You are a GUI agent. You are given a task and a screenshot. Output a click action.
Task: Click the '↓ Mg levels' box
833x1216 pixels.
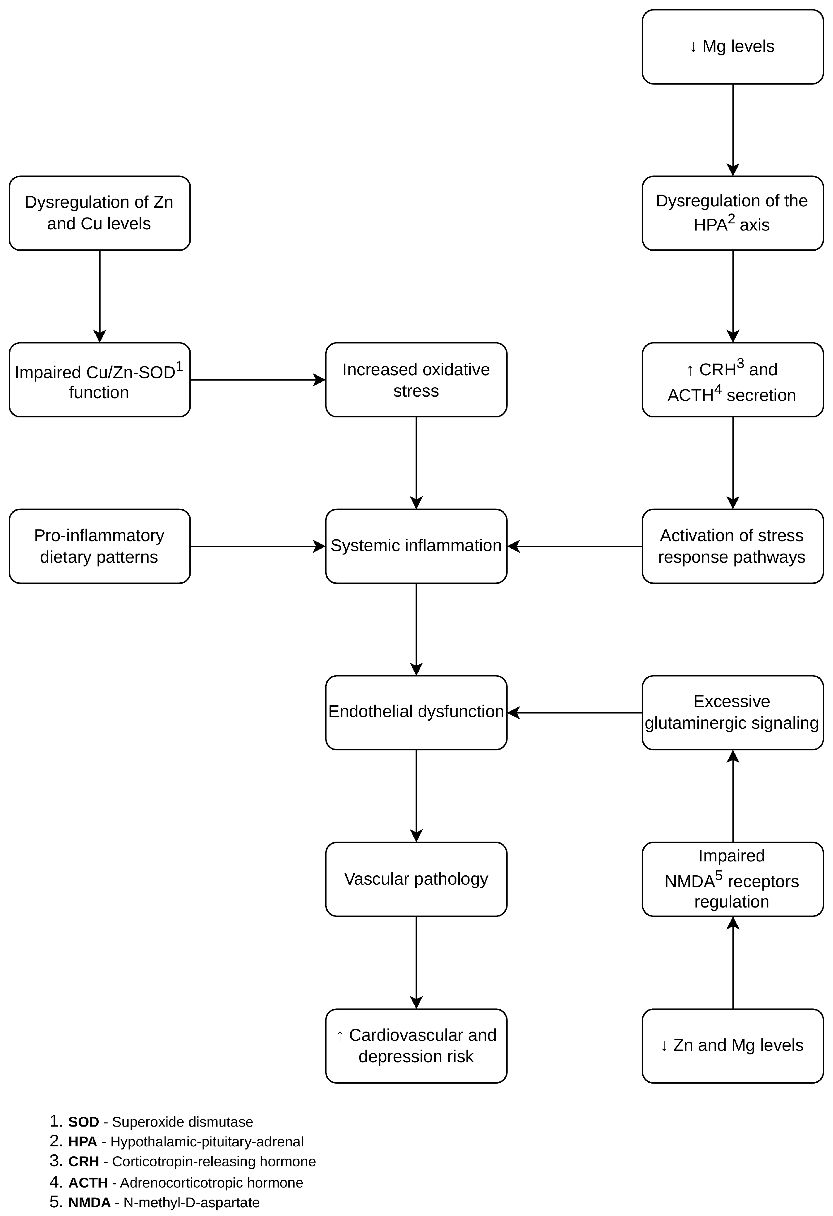[x=732, y=47]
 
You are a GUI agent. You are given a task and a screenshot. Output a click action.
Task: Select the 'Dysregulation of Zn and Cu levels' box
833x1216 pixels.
[x=99, y=213]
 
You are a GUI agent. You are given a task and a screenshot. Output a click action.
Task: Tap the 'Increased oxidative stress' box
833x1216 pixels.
[x=416, y=380]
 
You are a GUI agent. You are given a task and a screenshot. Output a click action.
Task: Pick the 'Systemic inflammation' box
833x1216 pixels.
[x=416, y=546]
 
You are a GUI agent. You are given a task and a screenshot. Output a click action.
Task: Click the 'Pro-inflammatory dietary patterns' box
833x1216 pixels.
[x=99, y=546]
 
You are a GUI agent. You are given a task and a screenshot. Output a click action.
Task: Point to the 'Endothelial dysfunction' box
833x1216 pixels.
[x=416, y=713]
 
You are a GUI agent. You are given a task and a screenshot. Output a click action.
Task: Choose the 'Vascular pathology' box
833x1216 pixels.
[x=416, y=879]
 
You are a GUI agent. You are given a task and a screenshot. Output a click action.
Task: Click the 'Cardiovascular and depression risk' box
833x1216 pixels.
[x=416, y=1046]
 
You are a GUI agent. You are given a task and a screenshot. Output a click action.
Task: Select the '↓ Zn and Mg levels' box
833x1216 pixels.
[x=732, y=1046]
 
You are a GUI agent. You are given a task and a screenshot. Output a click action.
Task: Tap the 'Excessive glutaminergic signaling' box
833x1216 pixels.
[x=732, y=713]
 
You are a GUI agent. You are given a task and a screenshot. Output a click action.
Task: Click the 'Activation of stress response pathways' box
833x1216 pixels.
[x=732, y=546]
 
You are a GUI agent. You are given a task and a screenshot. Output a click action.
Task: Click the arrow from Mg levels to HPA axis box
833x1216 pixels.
[x=733, y=130]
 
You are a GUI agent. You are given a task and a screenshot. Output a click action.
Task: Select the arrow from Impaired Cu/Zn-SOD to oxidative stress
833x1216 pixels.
[x=258, y=380]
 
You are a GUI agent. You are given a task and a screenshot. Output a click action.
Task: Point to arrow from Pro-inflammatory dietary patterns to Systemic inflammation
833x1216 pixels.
[x=258, y=546]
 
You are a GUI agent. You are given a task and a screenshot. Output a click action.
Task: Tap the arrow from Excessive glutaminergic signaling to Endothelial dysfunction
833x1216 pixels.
[x=575, y=713]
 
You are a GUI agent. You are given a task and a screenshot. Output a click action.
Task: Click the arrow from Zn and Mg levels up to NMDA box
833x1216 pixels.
[x=733, y=963]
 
